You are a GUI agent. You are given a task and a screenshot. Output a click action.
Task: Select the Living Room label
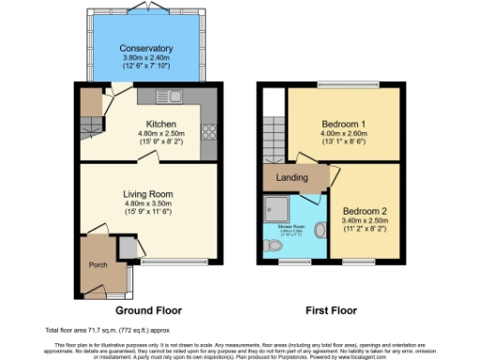point(148,195)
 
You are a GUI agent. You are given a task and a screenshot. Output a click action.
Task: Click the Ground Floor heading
point(148,309)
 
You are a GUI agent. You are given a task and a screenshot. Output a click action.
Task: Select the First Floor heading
point(332,309)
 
